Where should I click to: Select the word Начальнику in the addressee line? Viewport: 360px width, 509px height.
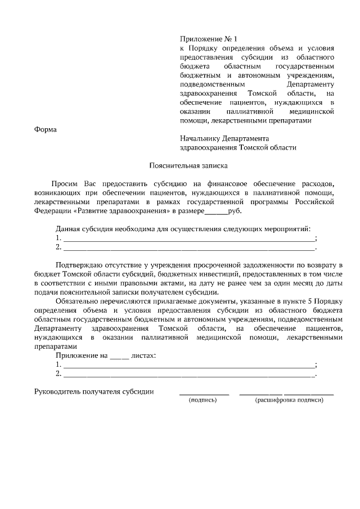[x=200, y=138]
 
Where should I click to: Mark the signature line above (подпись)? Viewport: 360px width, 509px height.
[x=204, y=395]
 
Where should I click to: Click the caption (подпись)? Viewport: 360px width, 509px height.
[x=203, y=400]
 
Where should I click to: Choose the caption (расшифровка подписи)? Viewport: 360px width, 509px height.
[x=289, y=400]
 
